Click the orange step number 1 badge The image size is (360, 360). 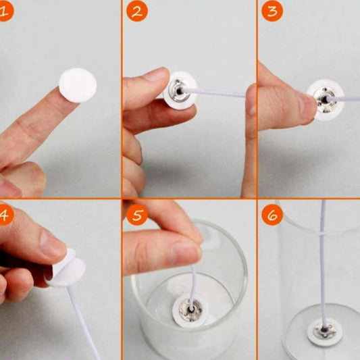pos(5,11)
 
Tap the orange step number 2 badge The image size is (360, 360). pos(137,11)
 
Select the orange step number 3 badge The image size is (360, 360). pos(272,11)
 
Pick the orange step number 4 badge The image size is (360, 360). pos(5,215)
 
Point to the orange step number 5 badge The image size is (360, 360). pos(137,215)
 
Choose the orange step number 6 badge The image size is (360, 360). pos(272,215)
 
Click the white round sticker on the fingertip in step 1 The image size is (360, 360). pos(78,85)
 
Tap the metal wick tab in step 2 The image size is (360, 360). pos(177,91)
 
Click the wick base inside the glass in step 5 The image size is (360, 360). pos(190,311)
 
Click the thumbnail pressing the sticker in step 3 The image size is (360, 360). pos(307,106)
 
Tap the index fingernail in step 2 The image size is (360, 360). pos(155,74)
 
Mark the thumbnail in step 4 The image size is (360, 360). pos(53,243)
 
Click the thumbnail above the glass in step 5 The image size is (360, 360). pos(186,253)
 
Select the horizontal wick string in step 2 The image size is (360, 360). pos(214,93)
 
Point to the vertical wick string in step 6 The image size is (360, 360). pos(324,264)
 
